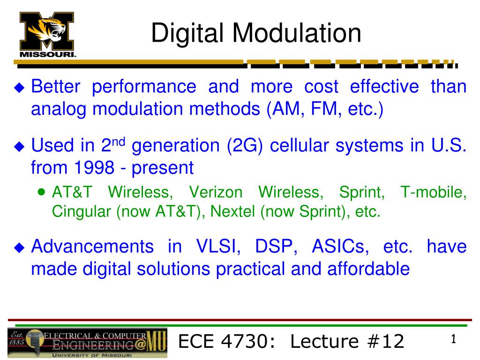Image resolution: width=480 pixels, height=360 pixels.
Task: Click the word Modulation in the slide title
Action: point(297,33)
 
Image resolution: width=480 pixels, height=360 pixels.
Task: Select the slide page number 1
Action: point(453,339)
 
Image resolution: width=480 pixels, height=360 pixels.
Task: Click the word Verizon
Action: point(215,192)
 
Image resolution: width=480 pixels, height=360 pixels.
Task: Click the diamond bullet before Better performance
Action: point(19,88)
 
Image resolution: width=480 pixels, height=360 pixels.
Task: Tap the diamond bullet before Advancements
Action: point(19,247)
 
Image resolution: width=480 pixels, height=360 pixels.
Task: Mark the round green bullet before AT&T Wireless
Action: point(43,192)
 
